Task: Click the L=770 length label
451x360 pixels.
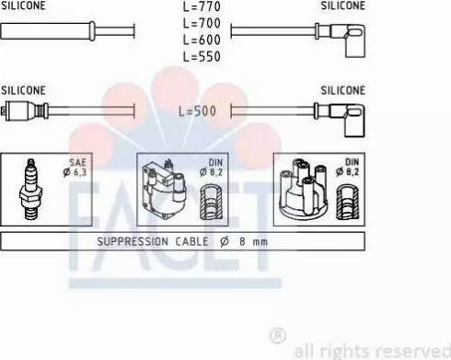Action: coord(202,6)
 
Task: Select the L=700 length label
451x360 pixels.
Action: coord(202,23)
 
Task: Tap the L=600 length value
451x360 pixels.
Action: coord(202,40)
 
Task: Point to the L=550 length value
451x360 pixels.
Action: coord(202,56)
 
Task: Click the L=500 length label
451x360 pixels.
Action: coord(197,111)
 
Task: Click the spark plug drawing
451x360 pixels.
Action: coord(30,190)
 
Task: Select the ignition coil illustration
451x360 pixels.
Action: coord(164,190)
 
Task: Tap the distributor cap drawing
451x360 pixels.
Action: coord(304,188)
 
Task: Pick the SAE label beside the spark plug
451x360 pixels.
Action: coord(77,162)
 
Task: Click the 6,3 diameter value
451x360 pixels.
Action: coord(79,172)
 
